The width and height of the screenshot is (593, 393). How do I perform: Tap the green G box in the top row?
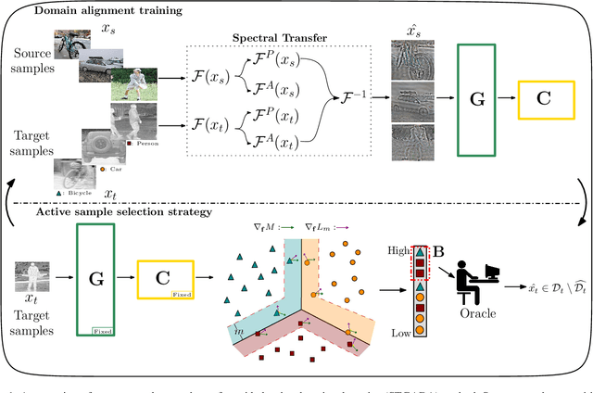[474, 95]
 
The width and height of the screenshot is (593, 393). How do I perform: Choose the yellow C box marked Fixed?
[165, 277]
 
